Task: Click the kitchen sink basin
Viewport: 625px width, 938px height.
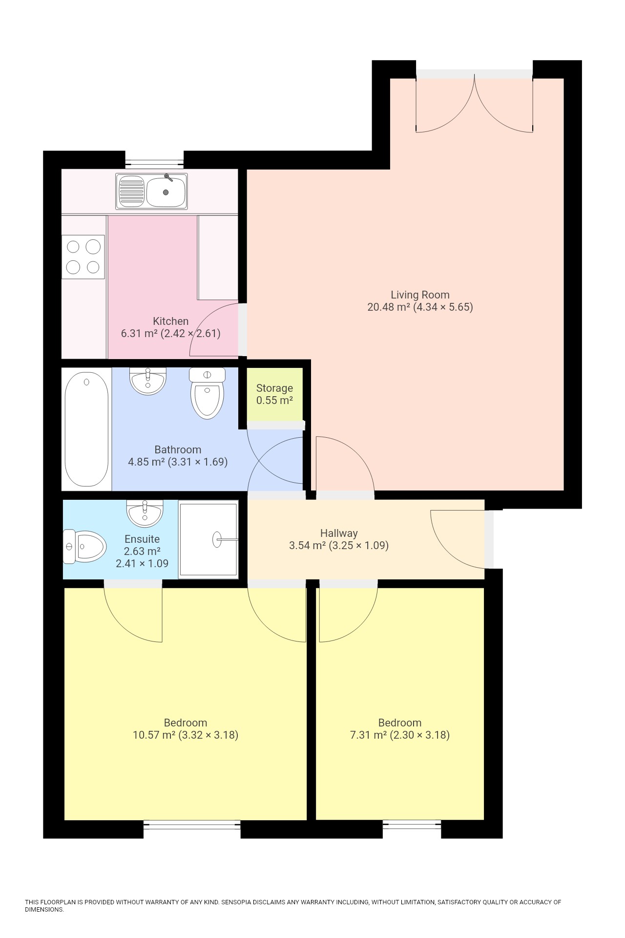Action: (166, 192)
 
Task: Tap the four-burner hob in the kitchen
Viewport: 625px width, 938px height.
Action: (83, 257)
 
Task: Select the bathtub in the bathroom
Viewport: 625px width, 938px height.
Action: (86, 429)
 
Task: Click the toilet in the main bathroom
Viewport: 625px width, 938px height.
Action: (208, 394)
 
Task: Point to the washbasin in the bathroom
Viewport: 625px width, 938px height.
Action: (147, 381)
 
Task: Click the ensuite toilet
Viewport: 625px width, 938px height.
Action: (85, 546)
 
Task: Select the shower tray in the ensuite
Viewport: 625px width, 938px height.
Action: (208, 539)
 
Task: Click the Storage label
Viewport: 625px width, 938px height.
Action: (274, 388)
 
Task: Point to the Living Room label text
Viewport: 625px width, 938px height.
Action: (420, 295)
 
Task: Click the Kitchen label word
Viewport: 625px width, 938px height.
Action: (170, 321)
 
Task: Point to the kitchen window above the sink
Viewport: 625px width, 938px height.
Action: (154, 160)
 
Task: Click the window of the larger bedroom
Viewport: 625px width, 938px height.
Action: (192, 825)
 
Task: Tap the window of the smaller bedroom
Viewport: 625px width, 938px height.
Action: (412, 825)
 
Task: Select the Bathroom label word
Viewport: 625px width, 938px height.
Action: (178, 449)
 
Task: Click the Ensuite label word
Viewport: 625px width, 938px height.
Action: (142, 539)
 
